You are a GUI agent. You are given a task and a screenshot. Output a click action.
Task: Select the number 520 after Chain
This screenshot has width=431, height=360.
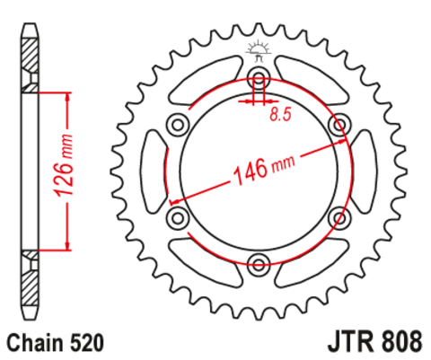click(x=89, y=343)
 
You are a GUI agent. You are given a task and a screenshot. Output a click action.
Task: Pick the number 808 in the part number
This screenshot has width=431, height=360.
click(x=399, y=343)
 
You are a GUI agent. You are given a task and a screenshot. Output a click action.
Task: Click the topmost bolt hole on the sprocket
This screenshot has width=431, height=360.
click(x=259, y=75)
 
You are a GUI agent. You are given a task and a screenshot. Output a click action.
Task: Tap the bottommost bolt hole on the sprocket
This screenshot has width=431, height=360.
click(x=259, y=263)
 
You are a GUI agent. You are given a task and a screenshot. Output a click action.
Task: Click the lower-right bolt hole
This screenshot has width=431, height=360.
click(x=340, y=216)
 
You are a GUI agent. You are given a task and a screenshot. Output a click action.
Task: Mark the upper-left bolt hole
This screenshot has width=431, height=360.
click(x=177, y=123)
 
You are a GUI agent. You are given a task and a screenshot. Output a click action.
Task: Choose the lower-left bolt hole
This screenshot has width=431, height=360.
click(x=177, y=216)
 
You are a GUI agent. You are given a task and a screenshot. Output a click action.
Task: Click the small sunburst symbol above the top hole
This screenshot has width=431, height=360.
click(x=259, y=47)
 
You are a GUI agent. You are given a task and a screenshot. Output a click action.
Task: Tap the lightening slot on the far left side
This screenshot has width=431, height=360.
click(x=152, y=170)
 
